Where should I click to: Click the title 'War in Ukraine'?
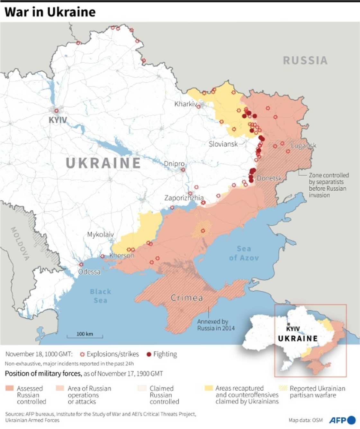coord(50,12)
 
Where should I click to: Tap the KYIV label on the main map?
coord(58,120)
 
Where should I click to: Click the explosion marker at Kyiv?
coord(57,111)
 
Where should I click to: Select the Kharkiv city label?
coord(185,104)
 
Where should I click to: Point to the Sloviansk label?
coord(223,144)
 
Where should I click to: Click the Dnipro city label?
coord(174,164)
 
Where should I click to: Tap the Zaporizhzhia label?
coord(184,198)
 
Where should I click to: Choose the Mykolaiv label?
coord(100,234)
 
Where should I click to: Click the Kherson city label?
coord(122,256)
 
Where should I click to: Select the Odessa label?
coord(89,272)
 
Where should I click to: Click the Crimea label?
coord(187,298)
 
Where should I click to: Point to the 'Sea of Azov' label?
coord(244,253)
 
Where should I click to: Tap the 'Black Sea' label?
coord(100,296)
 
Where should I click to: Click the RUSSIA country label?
coord(305,60)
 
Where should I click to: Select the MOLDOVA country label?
coord(20,243)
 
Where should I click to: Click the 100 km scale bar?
coord(85,335)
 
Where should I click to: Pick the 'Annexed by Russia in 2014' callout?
coord(216,325)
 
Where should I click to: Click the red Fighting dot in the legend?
coord(148,354)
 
